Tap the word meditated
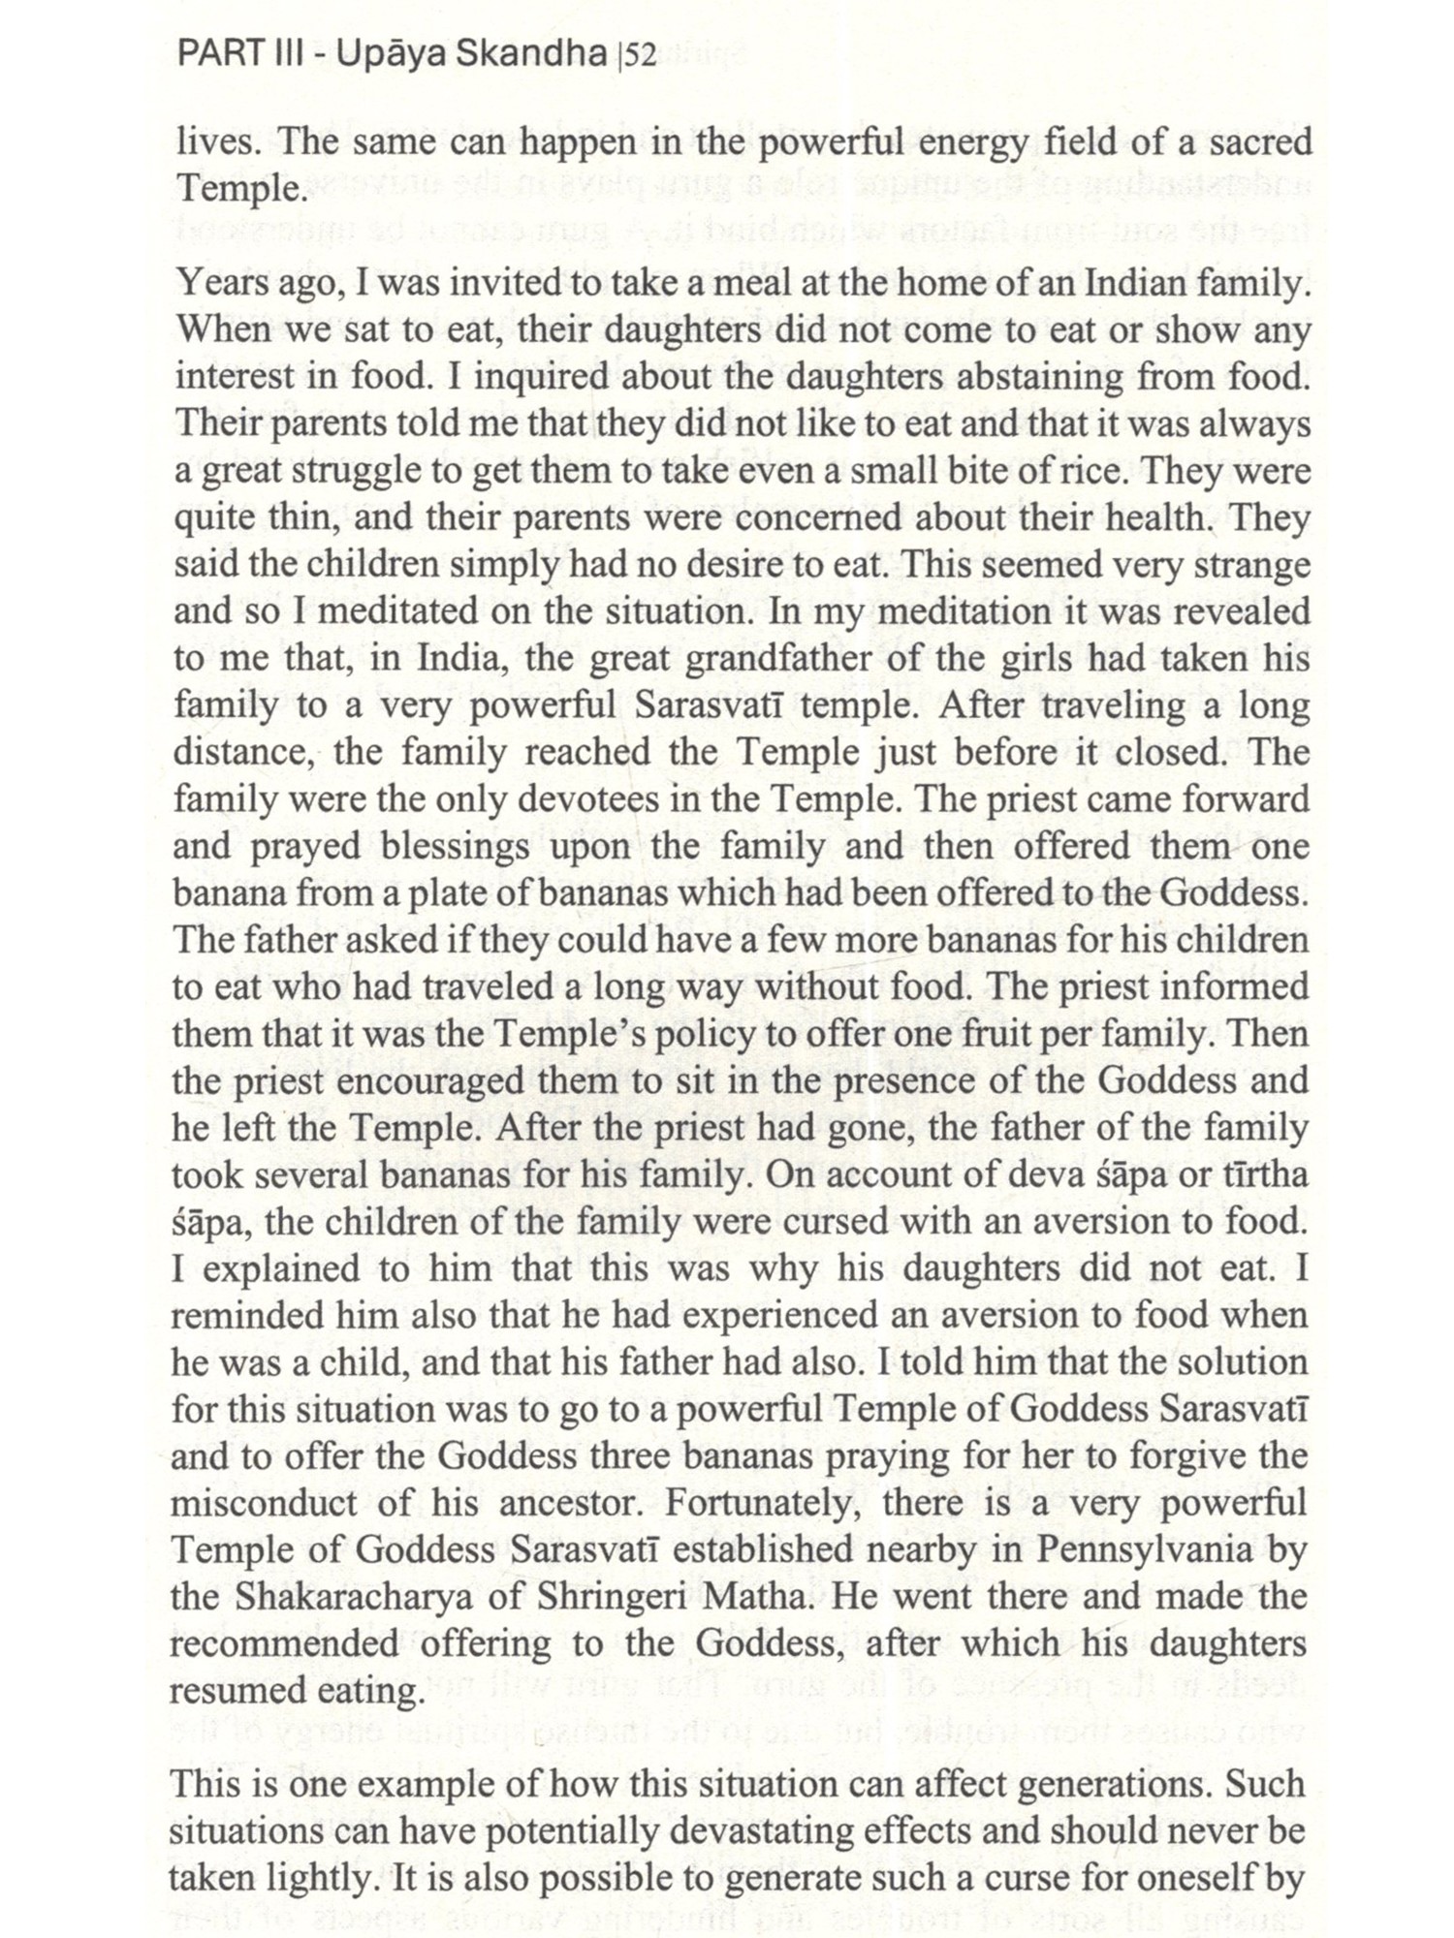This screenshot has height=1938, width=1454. [x=411, y=612]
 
